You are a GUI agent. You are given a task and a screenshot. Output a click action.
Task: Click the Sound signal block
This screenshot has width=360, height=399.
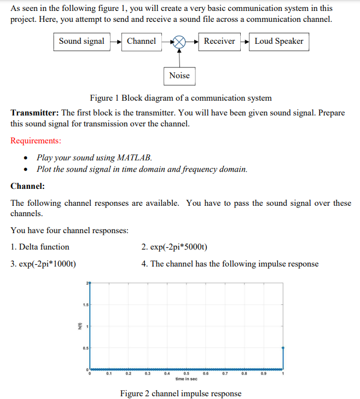(x=82, y=42)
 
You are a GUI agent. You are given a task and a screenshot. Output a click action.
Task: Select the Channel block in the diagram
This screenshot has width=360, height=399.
(x=141, y=42)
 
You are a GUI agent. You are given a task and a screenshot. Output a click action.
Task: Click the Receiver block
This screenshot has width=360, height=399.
(x=219, y=42)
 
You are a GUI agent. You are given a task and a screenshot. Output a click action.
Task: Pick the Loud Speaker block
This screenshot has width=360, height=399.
(x=279, y=42)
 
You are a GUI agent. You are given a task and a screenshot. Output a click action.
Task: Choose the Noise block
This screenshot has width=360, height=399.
(x=179, y=76)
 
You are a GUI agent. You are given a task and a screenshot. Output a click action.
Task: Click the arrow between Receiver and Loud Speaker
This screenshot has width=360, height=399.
(x=244, y=42)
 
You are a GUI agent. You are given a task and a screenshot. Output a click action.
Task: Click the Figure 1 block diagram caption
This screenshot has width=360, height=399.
(x=181, y=98)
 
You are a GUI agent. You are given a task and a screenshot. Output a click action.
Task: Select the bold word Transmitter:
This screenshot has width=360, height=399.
(x=35, y=113)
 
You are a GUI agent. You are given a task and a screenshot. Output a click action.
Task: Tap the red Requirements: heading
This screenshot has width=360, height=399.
(x=36, y=141)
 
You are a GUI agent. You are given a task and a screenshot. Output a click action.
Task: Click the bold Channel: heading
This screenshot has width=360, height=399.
(x=28, y=186)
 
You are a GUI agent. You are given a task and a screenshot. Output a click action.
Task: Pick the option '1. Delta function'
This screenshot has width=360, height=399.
(x=40, y=247)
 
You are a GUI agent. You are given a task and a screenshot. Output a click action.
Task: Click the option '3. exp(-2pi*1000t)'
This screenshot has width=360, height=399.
(x=43, y=264)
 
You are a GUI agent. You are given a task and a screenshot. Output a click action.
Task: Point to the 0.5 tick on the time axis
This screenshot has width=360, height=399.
(x=187, y=374)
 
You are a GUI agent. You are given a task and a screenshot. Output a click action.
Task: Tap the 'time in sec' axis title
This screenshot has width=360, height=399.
(x=187, y=379)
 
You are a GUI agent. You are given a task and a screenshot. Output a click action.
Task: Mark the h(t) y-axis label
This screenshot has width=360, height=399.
(x=80, y=326)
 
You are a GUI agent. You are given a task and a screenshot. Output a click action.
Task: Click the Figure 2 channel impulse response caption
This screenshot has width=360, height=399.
(x=181, y=394)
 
